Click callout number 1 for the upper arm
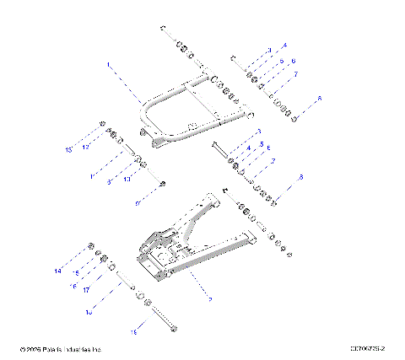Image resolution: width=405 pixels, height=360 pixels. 108,64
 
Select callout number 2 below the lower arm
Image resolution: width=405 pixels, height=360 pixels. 209,298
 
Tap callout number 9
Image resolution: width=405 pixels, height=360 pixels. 138,203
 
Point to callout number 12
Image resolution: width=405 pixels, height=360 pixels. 86,147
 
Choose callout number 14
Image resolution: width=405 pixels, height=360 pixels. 58,271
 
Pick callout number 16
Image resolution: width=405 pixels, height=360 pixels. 73,285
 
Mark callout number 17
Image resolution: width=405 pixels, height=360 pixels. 87,290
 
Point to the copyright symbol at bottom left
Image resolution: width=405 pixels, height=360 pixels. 21,347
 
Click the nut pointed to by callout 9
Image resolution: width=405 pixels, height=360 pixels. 163,183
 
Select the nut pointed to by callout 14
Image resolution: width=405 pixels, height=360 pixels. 89,245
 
